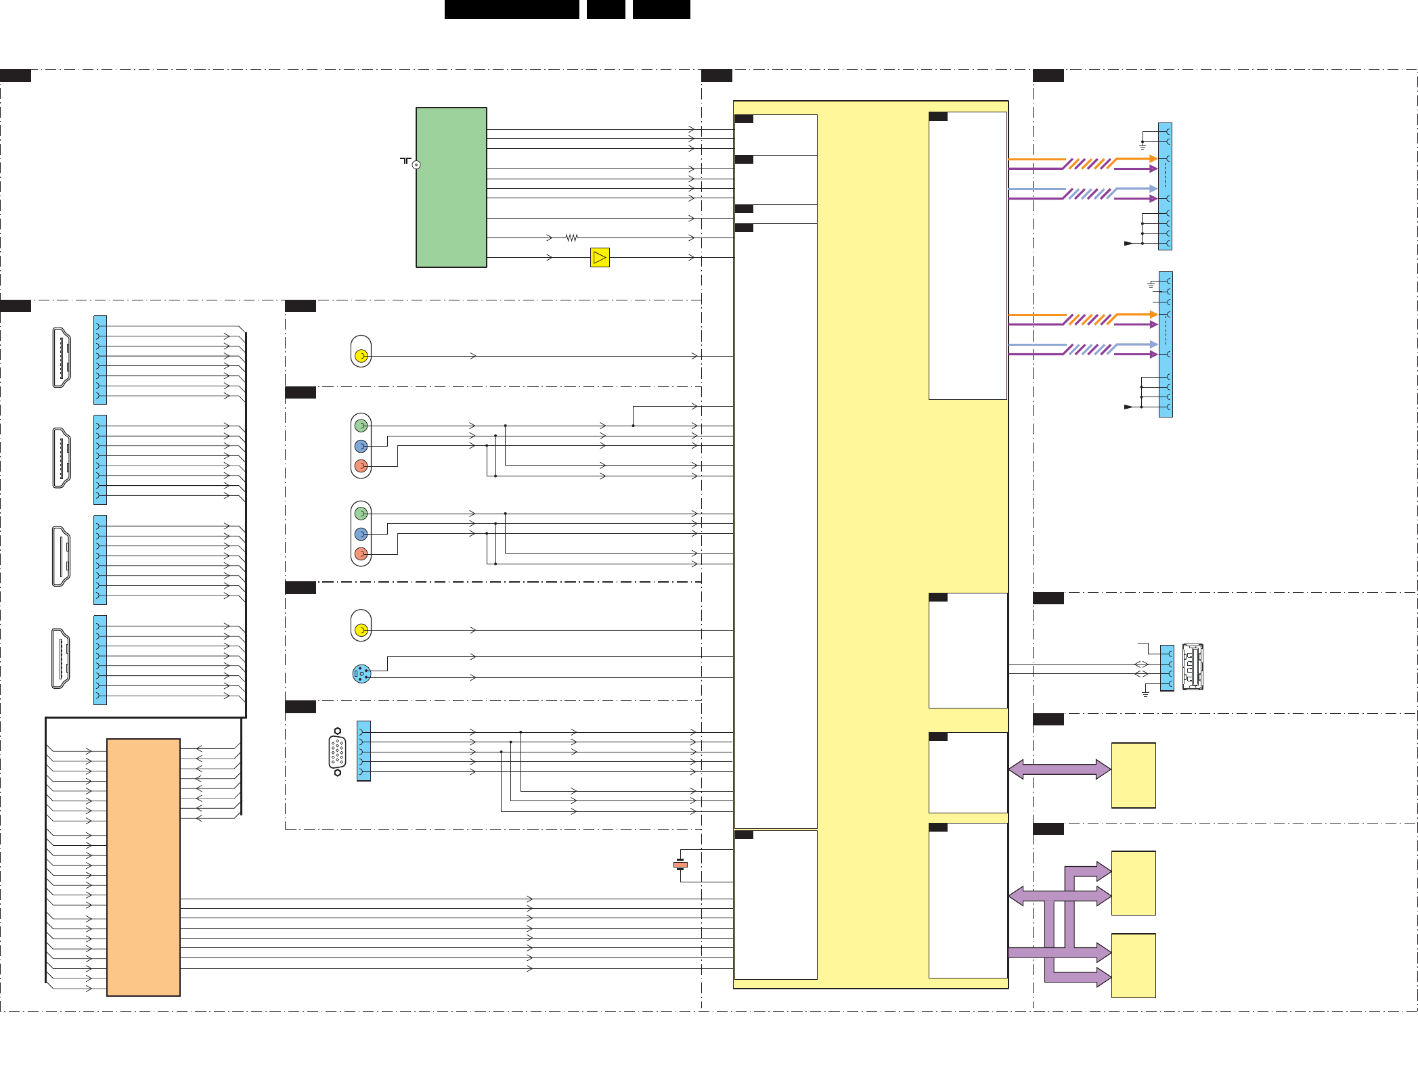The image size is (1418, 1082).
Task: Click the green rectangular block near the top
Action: [x=451, y=187]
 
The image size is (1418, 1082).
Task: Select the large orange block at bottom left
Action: [x=143, y=867]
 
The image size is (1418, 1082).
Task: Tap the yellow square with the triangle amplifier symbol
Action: [x=600, y=258]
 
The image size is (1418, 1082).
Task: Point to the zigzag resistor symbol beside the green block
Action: [x=572, y=238]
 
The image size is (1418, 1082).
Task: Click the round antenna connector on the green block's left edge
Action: [x=416, y=164]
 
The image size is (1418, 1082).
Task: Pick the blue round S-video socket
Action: [x=361, y=674]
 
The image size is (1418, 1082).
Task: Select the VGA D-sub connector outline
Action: [x=337, y=752]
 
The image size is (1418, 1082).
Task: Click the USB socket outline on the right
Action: [x=1193, y=667]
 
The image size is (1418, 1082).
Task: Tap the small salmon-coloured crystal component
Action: [x=680, y=865]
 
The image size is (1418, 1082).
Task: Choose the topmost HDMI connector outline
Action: [x=62, y=358]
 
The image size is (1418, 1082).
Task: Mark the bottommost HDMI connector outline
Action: [x=61, y=658]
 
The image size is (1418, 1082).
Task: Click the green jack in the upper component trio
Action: [x=361, y=426]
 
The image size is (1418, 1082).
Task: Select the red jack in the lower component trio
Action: [x=361, y=554]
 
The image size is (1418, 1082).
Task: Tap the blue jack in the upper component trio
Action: [x=361, y=446]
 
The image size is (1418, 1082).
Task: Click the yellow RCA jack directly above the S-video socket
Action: [x=361, y=630]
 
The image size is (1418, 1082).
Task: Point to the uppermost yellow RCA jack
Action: [x=361, y=355]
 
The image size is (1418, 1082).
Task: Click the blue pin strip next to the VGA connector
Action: [x=363, y=751]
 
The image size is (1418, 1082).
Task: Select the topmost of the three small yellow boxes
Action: [x=1133, y=775]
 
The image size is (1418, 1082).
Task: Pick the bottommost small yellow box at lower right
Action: [x=1133, y=966]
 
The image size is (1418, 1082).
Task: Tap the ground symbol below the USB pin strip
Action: [x=1145, y=694]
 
